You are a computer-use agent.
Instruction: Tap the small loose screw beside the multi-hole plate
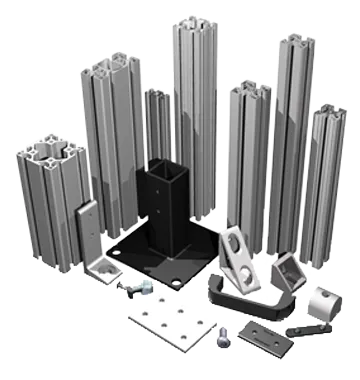(224, 336)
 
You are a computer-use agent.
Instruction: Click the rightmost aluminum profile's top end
(329, 112)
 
